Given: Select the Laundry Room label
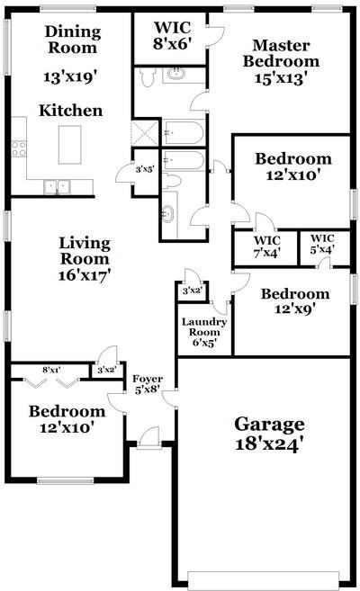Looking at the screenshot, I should click(203, 327).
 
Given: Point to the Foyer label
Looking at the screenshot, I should click(147, 379).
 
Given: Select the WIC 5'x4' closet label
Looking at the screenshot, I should click(323, 243).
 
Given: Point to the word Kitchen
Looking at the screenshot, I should click(69, 111).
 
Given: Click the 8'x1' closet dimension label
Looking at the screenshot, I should click(50, 369).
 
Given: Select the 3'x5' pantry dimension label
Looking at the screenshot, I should click(143, 168).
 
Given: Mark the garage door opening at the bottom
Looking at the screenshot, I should click(263, 578).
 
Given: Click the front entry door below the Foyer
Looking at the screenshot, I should click(148, 438).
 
